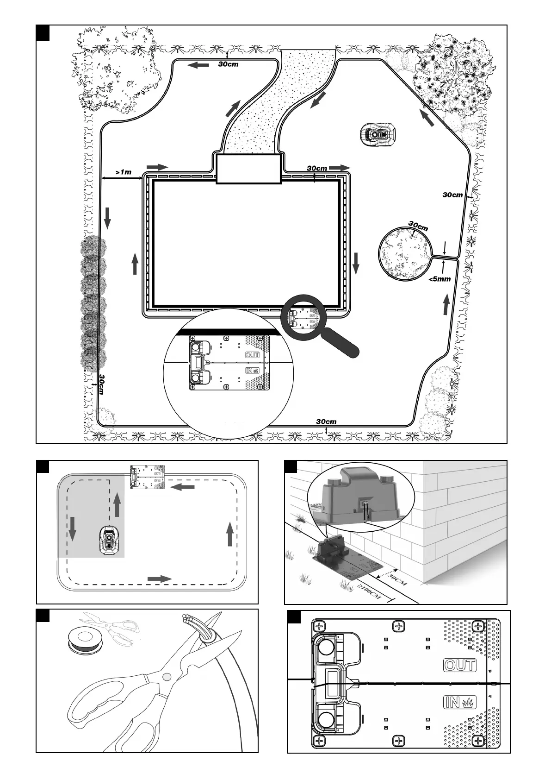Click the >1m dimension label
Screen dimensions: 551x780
coord(124,172)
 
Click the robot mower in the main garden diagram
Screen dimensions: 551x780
coord(378,134)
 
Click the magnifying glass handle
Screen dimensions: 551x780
coord(342,342)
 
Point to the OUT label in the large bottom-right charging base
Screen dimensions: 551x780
coord(459,665)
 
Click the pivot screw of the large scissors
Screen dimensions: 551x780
coord(166,677)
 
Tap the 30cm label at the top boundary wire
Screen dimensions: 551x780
coord(228,64)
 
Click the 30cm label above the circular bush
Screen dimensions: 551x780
coord(418,226)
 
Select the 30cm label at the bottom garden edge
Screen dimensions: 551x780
coord(326,421)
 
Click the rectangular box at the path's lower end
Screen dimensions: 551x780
coord(249,169)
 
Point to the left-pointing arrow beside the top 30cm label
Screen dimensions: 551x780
coord(198,65)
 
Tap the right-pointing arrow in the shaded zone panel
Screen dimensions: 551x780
coord(159,579)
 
